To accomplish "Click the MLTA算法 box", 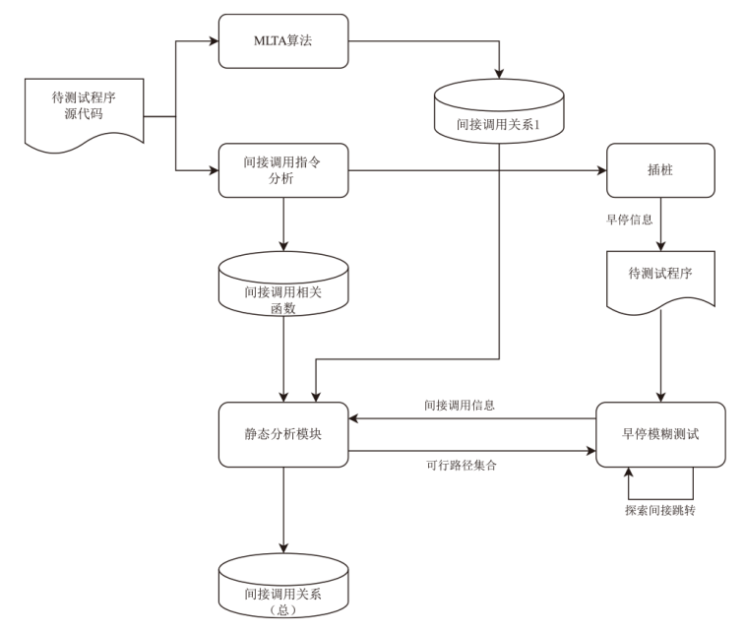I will [x=283, y=42].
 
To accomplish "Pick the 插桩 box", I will [x=658, y=169].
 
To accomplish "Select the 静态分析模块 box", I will [x=283, y=435].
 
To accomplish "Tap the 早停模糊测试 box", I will [x=658, y=435].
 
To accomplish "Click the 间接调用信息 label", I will [x=459, y=405].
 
